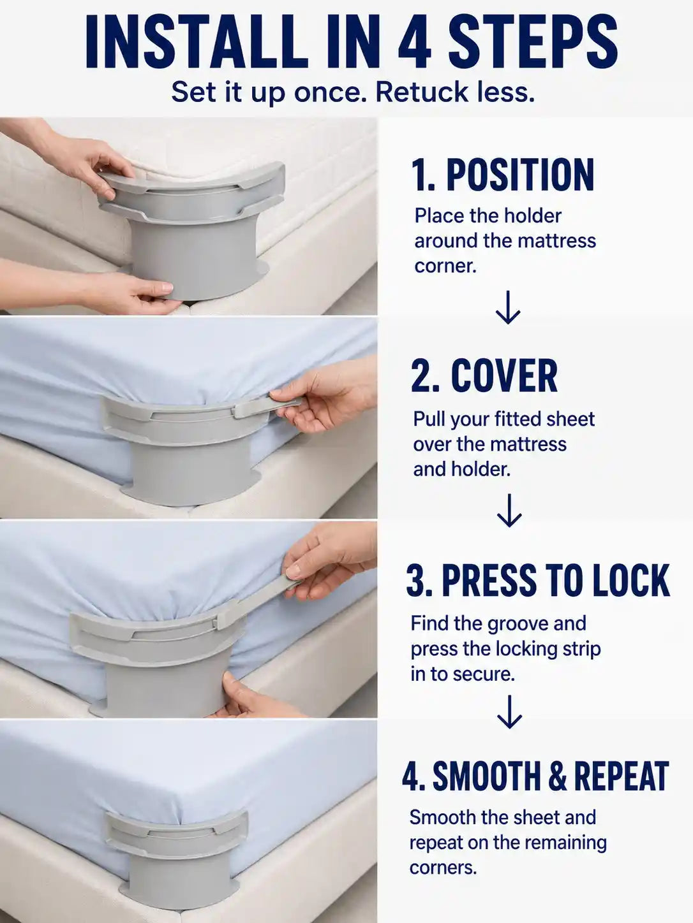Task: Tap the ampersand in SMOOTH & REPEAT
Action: point(558,775)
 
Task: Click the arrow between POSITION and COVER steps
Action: point(508,307)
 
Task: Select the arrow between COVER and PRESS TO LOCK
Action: point(509,510)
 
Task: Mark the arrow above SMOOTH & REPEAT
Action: point(509,711)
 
